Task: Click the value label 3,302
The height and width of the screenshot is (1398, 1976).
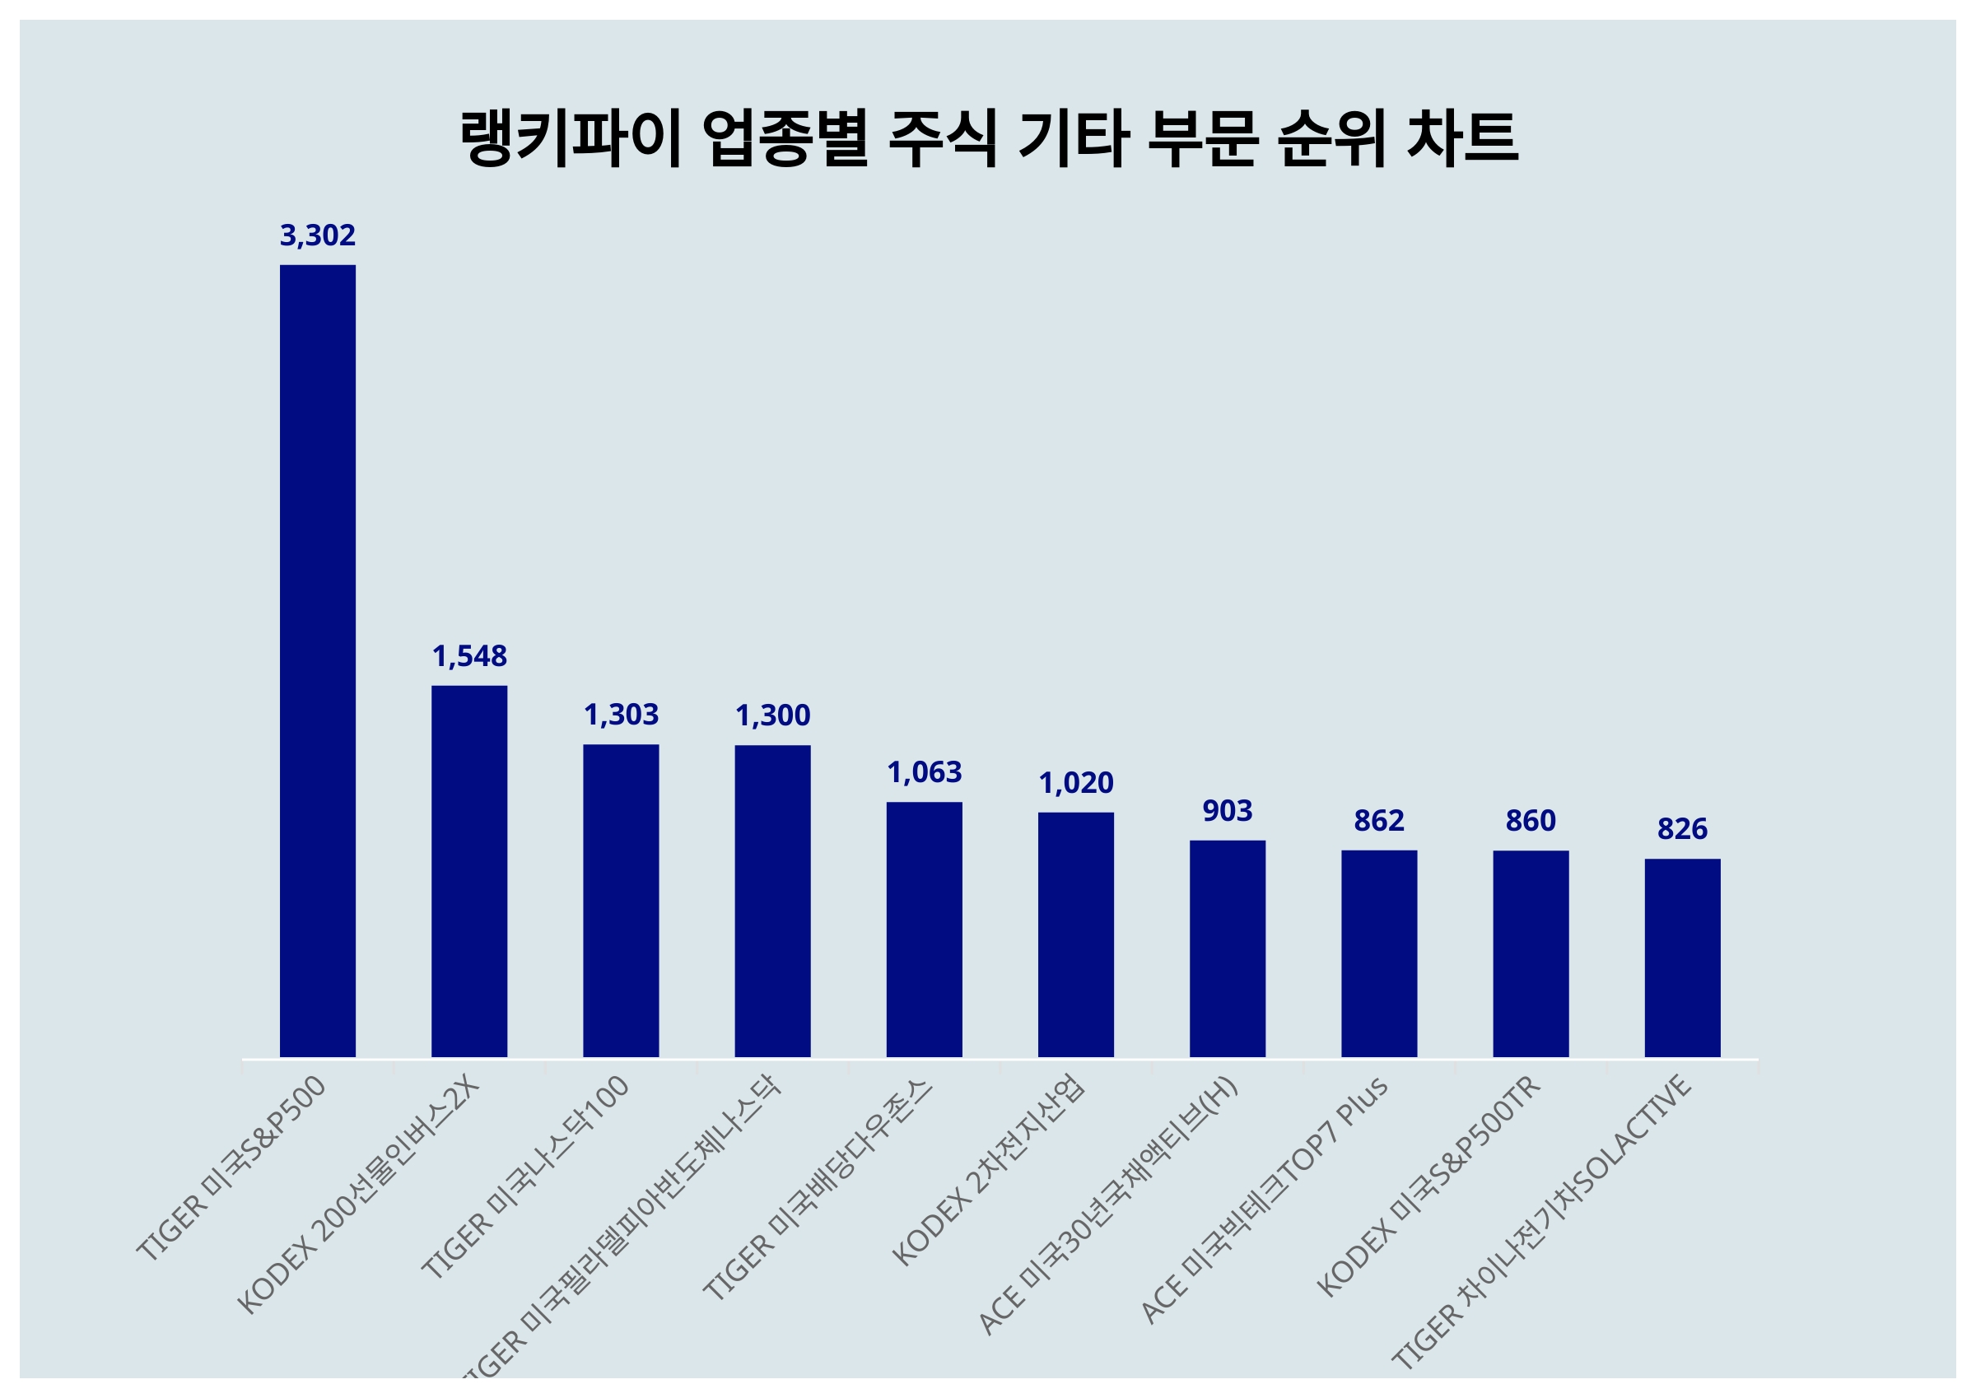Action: [318, 235]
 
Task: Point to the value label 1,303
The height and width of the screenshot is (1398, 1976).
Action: [621, 715]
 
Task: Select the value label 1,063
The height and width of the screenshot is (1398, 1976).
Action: [925, 772]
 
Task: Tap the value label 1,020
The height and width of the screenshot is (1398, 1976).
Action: [1076, 782]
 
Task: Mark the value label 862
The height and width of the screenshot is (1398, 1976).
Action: [1379, 820]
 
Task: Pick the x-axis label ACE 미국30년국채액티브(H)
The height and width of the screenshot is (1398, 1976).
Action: [1107, 1205]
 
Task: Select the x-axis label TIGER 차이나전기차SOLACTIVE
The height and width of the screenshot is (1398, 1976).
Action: [1542, 1222]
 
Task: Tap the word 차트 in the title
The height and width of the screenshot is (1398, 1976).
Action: [1462, 137]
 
